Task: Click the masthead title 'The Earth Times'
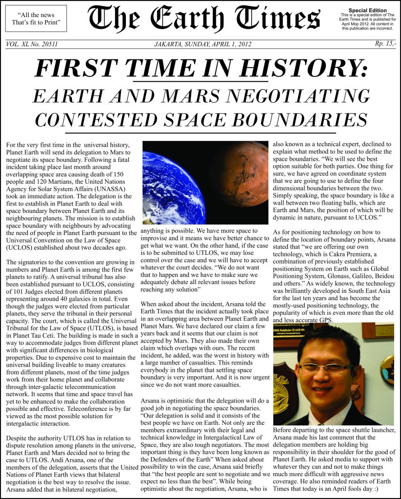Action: [204, 19]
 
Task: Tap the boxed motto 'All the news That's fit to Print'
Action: [36, 19]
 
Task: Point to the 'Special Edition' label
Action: [367, 10]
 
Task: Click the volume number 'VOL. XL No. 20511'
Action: [32, 44]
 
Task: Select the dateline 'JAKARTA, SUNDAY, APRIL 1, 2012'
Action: [202, 44]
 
